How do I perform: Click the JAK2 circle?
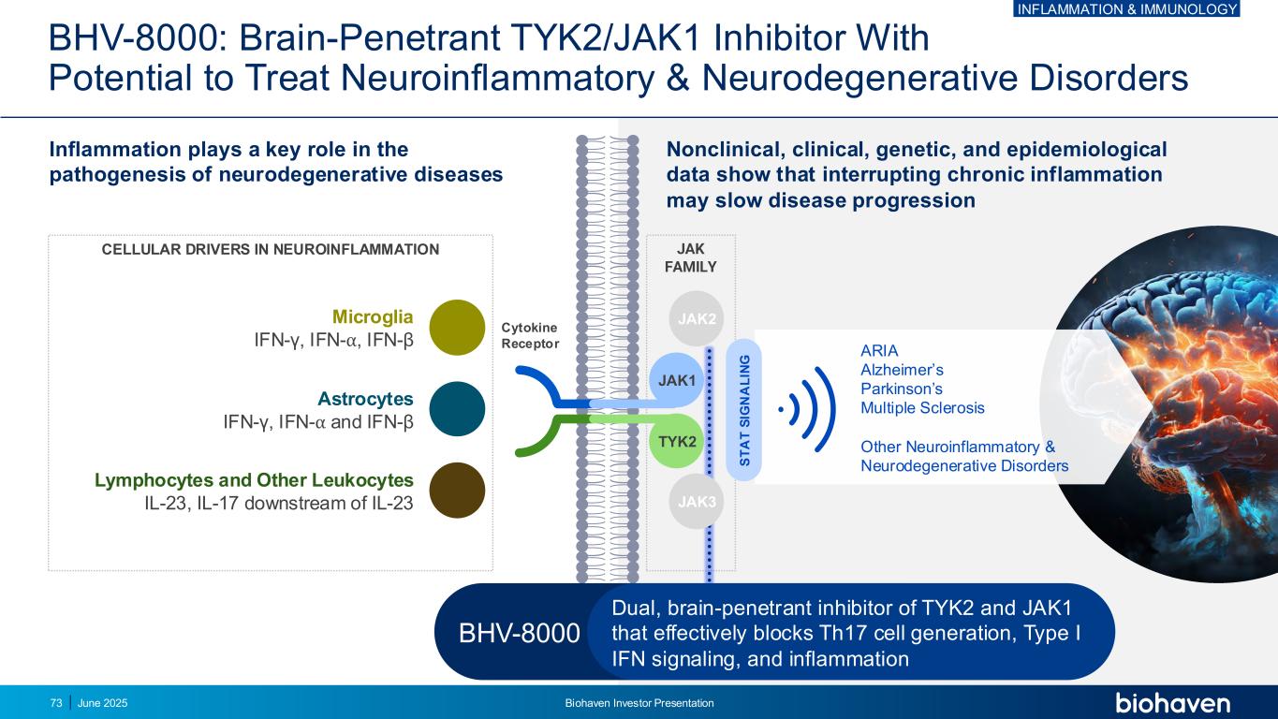pos(697,319)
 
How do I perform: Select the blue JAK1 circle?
pos(677,380)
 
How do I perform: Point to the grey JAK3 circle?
pos(697,501)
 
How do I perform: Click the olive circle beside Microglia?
pos(457,328)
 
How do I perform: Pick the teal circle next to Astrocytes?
pos(457,409)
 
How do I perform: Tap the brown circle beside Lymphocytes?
pos(457,491)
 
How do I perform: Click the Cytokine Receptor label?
pos(530,335)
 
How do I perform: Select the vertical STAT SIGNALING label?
pos(745,410)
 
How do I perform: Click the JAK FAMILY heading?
pos(691,257)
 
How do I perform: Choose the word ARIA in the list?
pos(879,351)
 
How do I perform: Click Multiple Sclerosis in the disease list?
pos(922,408)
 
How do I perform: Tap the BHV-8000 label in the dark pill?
pos(520,634)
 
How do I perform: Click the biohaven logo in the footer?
pos(1172,702)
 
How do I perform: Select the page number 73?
pos(56,703)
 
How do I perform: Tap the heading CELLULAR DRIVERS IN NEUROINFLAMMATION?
pos(270,249)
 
